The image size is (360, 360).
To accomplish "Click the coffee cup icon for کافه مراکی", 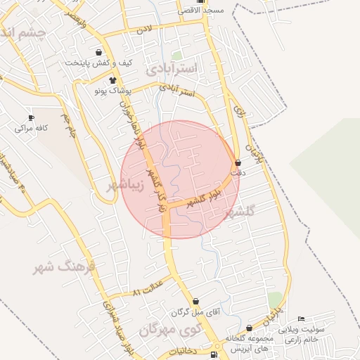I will click(30, 117).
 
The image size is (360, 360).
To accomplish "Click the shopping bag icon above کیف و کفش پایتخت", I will click(98, 52).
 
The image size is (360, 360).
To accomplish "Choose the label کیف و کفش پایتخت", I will click(98, 63).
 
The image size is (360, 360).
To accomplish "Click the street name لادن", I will click(143, 29).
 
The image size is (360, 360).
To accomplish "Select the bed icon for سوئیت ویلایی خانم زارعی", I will click(302, 319).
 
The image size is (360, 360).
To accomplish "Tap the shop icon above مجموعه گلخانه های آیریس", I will click(249, 328).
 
